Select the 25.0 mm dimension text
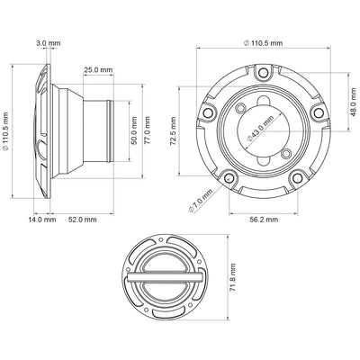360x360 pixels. [x=98, y=69]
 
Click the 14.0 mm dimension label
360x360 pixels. [x=42, y=219]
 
